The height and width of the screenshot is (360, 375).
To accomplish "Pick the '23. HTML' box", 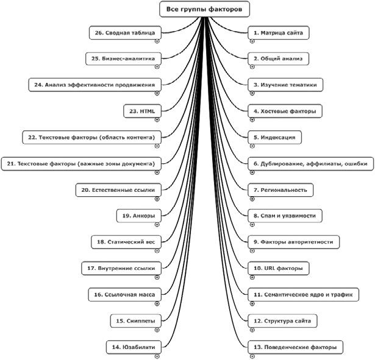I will pyautogui.click(x=143, y=111).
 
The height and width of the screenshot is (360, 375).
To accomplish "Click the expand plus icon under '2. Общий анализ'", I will pyautogui.click(x=252, y=68).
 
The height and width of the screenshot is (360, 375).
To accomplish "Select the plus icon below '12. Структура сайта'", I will pyautogui.click(x=252, y=330).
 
